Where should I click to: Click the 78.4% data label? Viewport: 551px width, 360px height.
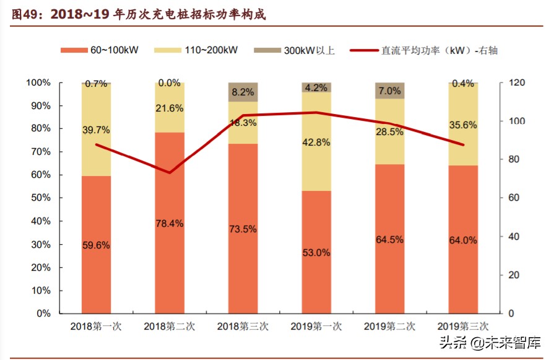pyautogui.click(x=170, y=224)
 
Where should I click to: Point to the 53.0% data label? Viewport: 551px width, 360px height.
pyautogui.click(x=316, y=253)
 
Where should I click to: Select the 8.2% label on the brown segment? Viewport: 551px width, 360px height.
pyautogui.click(x=243, y=92)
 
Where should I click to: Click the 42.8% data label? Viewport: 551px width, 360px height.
pyautogui.click(x=316, y=142)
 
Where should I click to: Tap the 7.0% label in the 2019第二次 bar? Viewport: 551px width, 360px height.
pyautogui.click(x=389, y=91)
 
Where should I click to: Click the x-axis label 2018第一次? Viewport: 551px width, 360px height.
pyautogui.click(x=96, y=326)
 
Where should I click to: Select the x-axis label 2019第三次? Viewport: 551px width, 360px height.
pyautogui.click(x=463, y=326)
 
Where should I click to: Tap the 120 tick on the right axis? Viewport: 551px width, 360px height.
pyautogui.click(x=517, y=83)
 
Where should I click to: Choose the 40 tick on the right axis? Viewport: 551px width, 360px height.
pyautogui.click(x=514, y=237)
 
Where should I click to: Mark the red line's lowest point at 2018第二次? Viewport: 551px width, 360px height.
pyautogui.click(x=170, y=172)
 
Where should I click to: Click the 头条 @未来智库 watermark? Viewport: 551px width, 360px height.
pyautogui.click(x=489, y=342)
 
